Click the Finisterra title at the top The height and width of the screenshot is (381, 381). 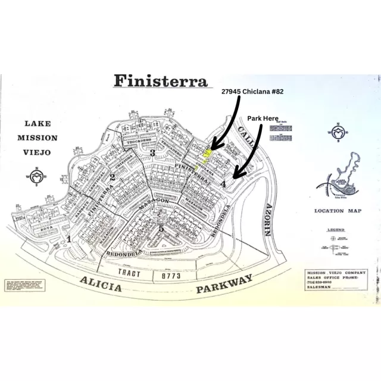pos(161,82)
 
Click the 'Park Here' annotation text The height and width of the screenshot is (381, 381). pos(263,119)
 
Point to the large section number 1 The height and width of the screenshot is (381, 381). pos(69,239)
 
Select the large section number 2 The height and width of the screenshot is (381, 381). pos(111,177)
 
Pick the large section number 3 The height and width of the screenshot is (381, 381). pos(152,154)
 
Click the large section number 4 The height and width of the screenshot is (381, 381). pos(223,185)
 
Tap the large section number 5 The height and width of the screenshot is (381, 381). pos(161,228)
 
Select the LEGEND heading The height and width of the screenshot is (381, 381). pos(336,229)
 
